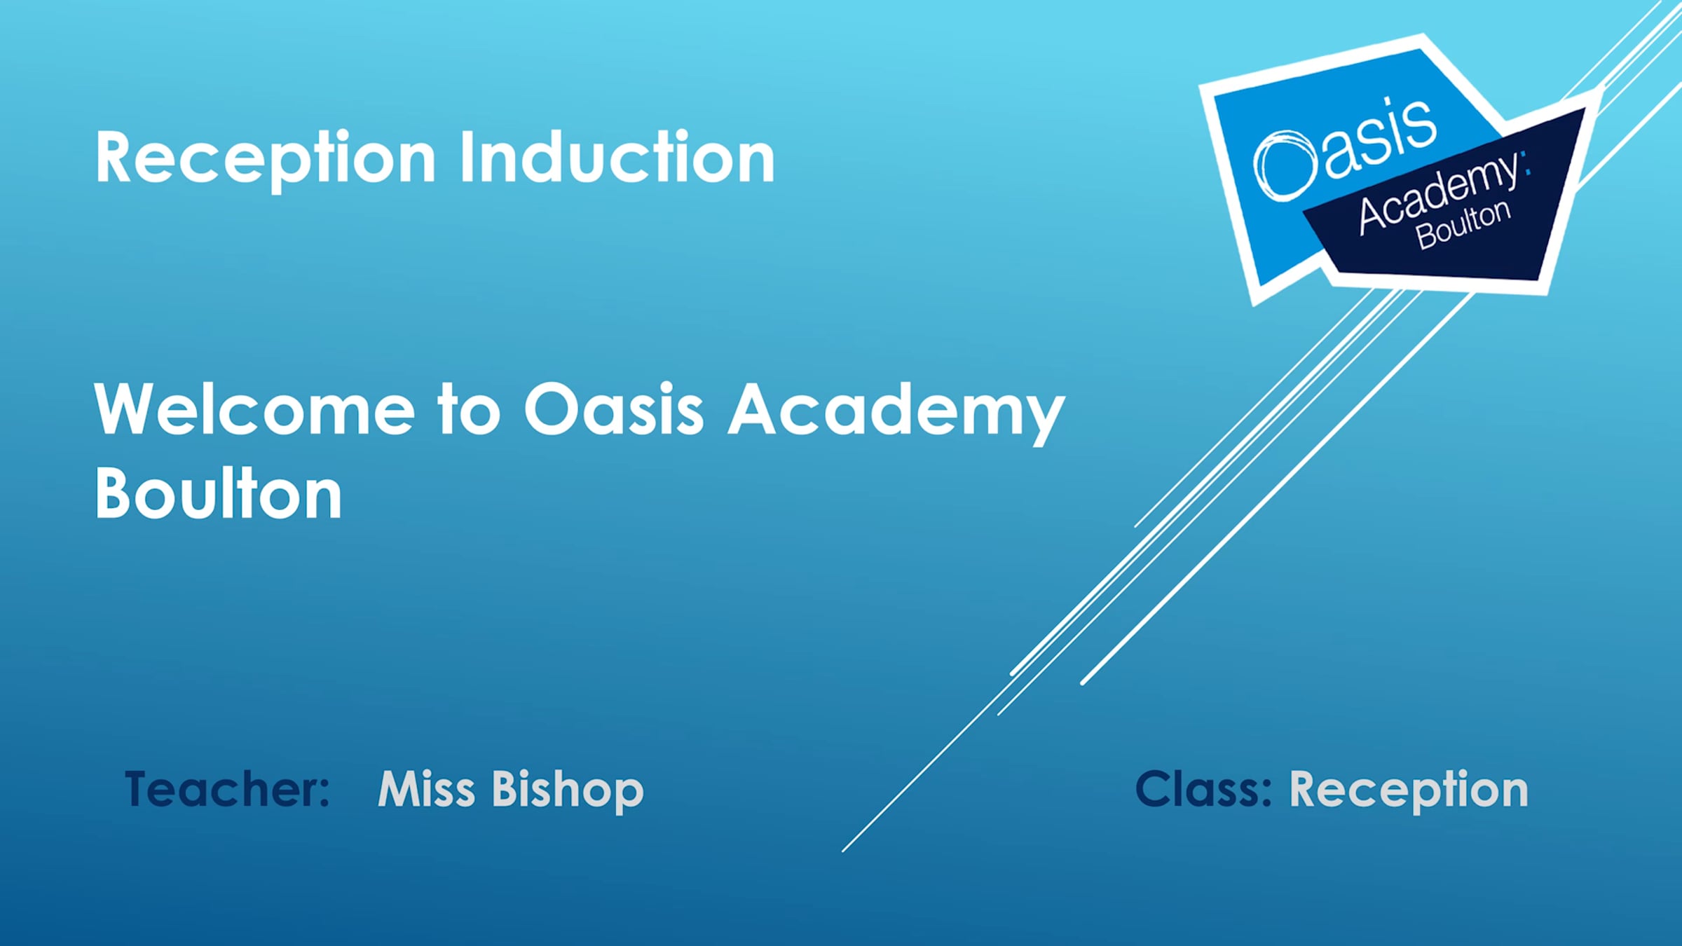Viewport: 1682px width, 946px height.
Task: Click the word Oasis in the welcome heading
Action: pos(614,410)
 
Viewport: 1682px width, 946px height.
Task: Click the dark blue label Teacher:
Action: pos(227,790)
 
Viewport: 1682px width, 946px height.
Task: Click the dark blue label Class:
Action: pos(1203,790)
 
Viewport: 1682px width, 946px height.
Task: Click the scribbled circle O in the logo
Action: pos(1284,166)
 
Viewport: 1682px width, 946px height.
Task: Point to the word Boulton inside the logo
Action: pos(1463,224)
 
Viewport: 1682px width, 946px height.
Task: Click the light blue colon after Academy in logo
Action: pos(1526,163)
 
